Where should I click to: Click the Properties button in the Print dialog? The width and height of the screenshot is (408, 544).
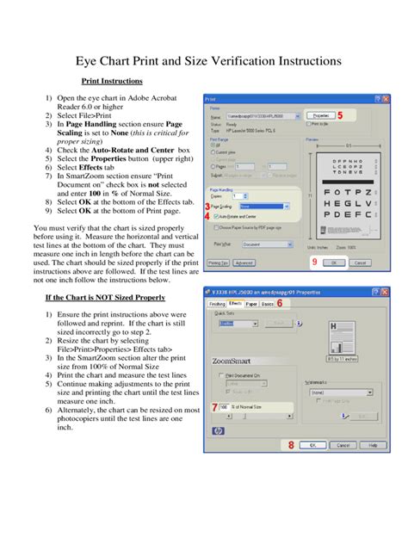tap(319, 114)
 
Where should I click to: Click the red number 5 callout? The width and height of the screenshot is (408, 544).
tap(340, 114)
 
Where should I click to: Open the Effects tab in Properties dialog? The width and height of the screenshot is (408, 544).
tap(234, 304)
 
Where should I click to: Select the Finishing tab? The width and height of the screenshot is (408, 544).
tap(215, 304)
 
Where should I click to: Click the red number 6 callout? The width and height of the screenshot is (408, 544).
tap(279, 303)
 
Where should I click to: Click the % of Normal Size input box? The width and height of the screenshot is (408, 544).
tap(224, 406)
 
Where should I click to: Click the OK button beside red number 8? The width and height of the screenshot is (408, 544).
tap(313, 445)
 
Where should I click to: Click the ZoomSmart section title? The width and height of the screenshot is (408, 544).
tap(231, 361)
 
